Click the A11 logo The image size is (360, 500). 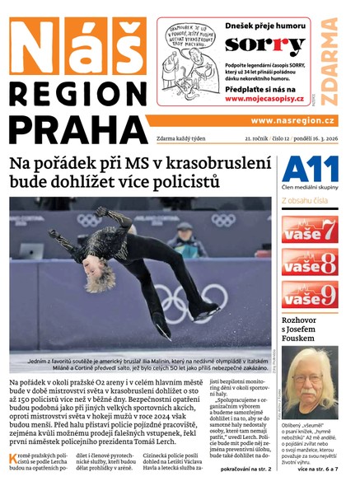coord(310,171)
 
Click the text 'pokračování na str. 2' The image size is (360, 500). coord(242,469)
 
